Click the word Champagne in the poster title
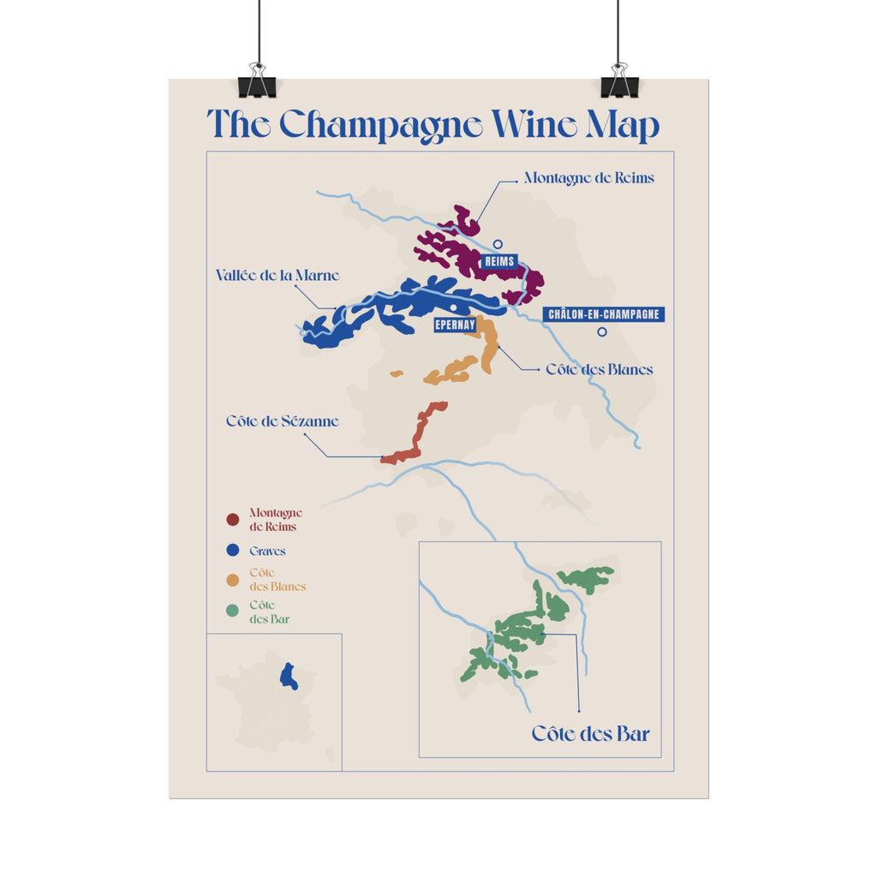[382, 126]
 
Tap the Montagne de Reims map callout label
[588, 178]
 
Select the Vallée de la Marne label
[277, 276]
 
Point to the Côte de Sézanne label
[283, 421]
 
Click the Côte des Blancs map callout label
[600, 370]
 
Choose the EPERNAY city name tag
[455, 325]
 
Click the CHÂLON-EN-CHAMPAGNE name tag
[604, 314]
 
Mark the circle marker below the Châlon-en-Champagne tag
[602, 332]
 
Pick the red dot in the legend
[232, 520]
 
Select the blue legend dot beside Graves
[232, 551]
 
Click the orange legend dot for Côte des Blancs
[232, 580]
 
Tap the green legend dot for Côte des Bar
[232, 611]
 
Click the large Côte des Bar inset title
[590, 734]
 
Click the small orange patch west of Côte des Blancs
[397, 373]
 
